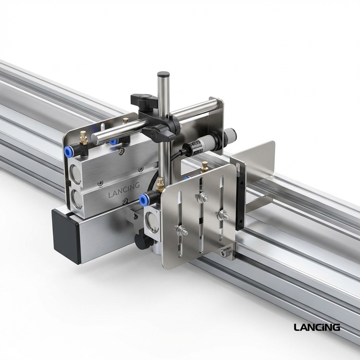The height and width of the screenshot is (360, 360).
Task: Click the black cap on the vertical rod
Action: (163, 75)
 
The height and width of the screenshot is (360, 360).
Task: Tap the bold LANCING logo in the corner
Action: (317, 327)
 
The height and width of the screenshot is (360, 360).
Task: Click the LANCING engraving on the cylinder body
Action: (124, 185)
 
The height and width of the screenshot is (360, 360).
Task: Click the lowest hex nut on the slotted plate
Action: (182, 231)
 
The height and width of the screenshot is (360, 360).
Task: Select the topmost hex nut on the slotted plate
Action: (203, 198)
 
